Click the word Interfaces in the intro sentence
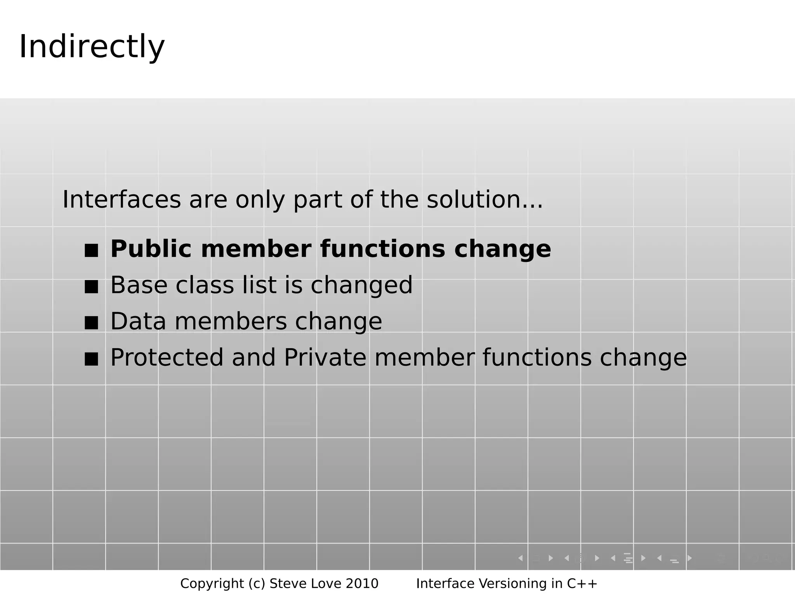(x=122, y=200)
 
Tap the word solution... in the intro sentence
(x=484, y=200)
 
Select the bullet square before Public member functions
(x=91, y=250)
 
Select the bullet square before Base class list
(x=91, y=287)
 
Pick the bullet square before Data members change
(x=91, y=323)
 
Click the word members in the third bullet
(x=231, y=322)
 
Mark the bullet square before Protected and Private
(x=91, y=359)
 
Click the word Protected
(x=167, y=358)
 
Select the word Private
(x=325, y=358)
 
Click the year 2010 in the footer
(x=362, y=584)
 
